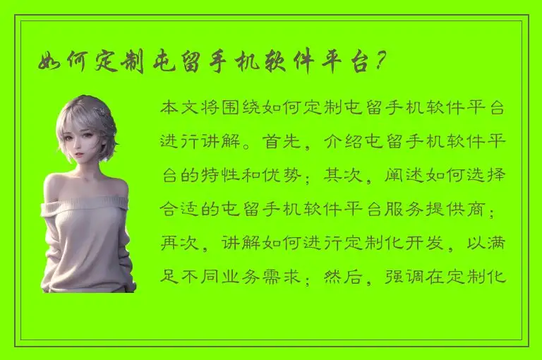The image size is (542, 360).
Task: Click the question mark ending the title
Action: pyautogui.click(x=380, y=62)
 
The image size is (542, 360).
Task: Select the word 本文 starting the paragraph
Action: pyautogui.click(x=179, y=109)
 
